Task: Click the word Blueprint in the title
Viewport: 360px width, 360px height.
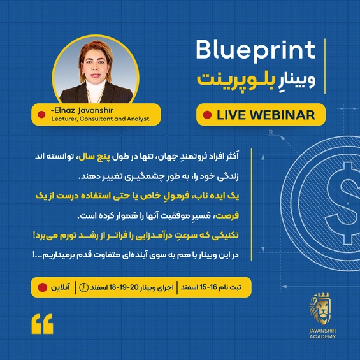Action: [256, 50]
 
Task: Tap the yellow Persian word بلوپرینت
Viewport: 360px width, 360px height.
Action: [233, 81]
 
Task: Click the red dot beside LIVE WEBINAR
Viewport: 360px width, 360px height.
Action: [207, 115]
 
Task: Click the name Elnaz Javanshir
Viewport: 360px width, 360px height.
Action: [82, 110]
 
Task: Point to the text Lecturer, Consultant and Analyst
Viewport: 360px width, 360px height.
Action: [100, 119]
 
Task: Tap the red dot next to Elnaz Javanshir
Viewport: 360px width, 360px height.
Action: [41, 114]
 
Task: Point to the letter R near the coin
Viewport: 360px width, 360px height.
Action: [271, 133]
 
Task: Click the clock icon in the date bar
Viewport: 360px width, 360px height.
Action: [84, 287]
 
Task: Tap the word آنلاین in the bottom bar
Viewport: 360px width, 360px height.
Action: [61, 287]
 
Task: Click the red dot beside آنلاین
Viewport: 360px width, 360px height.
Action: [43, 287]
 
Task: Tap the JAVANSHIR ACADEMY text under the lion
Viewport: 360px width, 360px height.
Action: [322, 334]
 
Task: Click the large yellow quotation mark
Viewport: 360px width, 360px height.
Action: [43, 324]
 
